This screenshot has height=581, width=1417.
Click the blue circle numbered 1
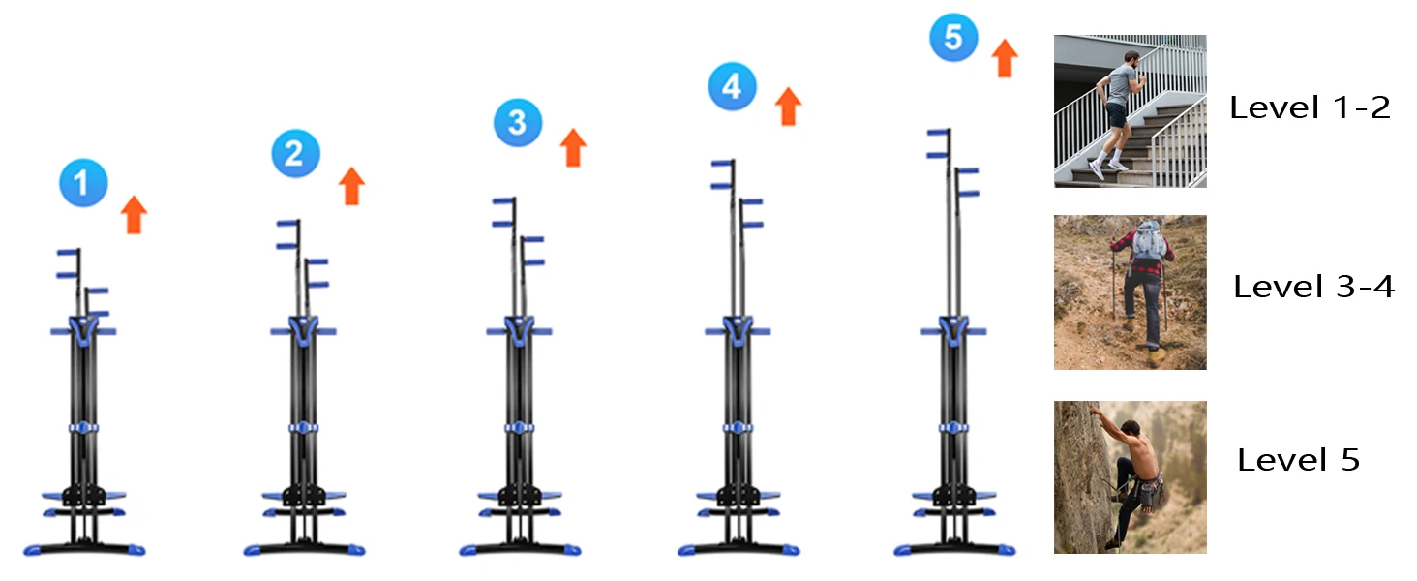tap(83, 184)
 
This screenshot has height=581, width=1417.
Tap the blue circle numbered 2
tap(295, 153)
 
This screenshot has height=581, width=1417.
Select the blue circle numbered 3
tap(517, 122)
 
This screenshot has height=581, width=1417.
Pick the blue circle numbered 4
tap(732, 87)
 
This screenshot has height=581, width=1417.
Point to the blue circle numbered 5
tap(953, 39)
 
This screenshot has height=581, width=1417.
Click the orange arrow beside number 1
tap(135, 214)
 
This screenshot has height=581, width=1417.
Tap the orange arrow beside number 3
tap(574, 147)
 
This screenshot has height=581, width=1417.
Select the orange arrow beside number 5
tap(1005, 58)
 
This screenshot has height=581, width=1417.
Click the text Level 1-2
tap(1310, 107)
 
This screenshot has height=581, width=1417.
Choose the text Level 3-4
tap(1313, 287)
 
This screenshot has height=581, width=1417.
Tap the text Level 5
tap(1298, 460)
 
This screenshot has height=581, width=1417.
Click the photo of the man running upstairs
tap(1130, 111)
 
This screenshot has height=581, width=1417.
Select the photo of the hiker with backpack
tap(1130, 291)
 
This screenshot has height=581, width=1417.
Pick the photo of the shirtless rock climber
tap(1130, 476)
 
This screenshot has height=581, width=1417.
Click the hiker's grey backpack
tap(1148, 239)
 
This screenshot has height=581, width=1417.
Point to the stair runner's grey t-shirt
tap(1120, 85)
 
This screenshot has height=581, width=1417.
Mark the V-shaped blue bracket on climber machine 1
tap(83, 329)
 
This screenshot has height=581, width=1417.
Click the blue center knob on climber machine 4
tap(737, 427)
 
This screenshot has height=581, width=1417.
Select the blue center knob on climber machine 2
tap(303, 427)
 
